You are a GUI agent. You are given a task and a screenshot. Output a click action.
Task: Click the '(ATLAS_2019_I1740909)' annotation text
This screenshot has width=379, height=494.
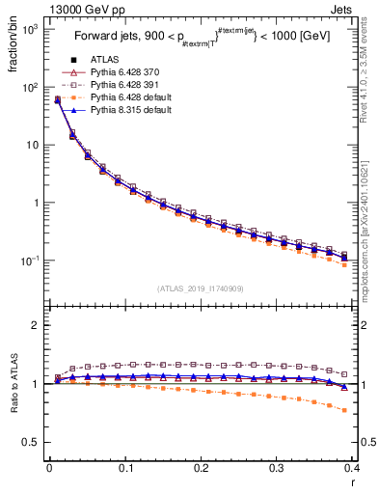click(x=201, y=288)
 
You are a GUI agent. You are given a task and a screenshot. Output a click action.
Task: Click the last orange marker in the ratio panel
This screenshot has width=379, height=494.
click(x=344, y=410)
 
